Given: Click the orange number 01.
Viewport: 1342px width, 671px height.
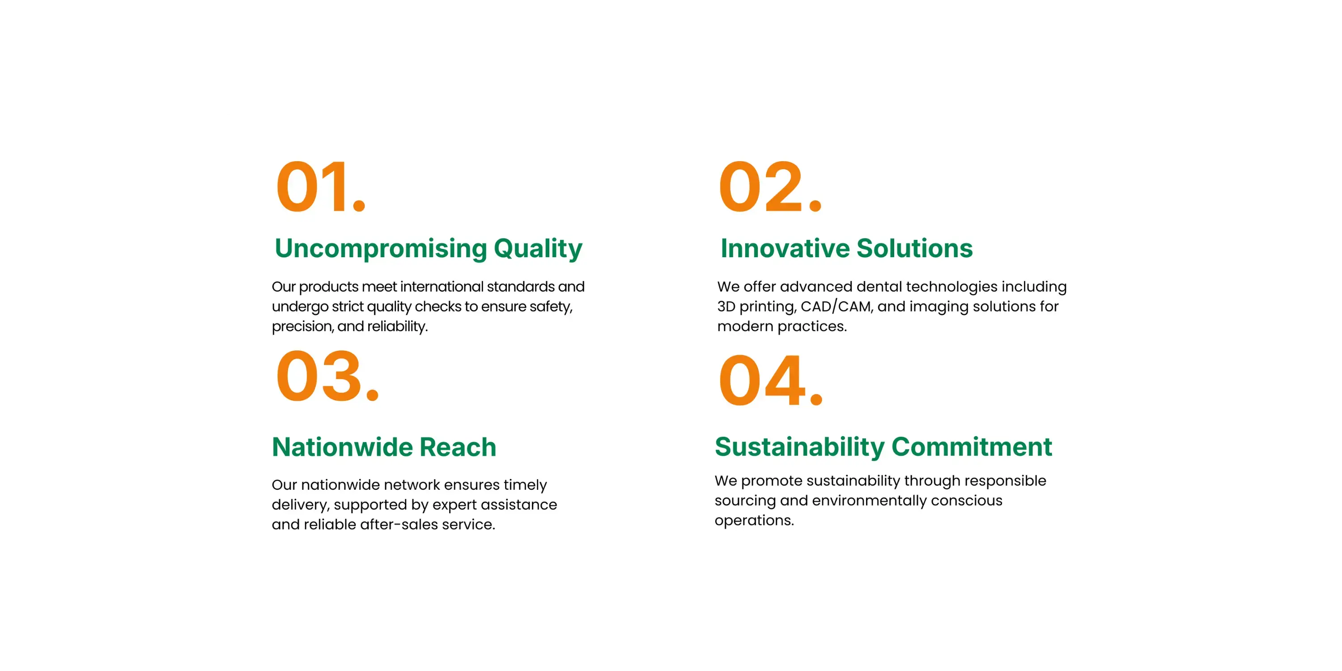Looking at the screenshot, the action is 321,187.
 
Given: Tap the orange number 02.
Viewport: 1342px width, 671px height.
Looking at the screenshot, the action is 770,187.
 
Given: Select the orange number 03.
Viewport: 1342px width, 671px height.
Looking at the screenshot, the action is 328,376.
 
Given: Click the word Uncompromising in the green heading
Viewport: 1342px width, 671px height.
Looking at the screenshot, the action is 381,249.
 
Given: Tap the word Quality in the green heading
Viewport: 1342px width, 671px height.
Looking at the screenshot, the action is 538,249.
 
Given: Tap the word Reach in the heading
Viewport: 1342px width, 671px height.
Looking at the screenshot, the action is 458,447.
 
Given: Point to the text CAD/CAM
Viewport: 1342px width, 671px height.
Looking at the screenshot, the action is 836,306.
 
